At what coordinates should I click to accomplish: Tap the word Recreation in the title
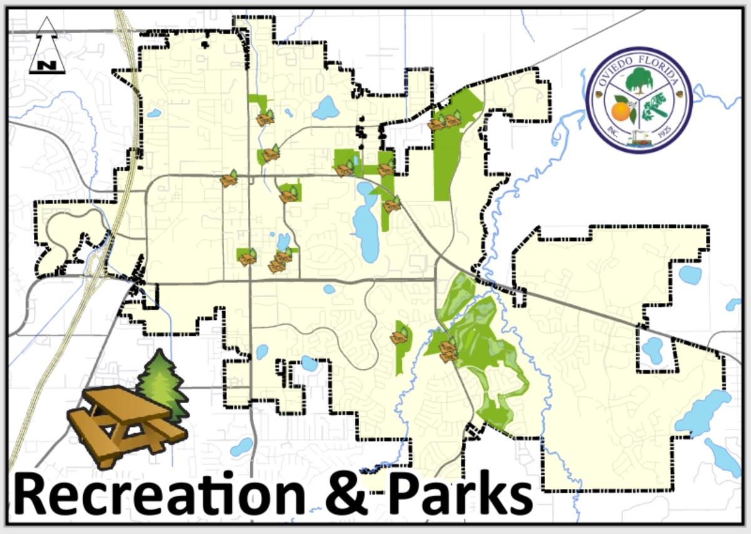click(x=156, y=495)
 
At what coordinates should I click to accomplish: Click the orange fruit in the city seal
click(x=621, y=112)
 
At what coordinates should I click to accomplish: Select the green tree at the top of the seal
click(x=640, y=80)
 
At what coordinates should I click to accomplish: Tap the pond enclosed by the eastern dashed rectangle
click(x=654, y=349)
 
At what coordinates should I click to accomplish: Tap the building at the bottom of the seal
click(x=639, y=141)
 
